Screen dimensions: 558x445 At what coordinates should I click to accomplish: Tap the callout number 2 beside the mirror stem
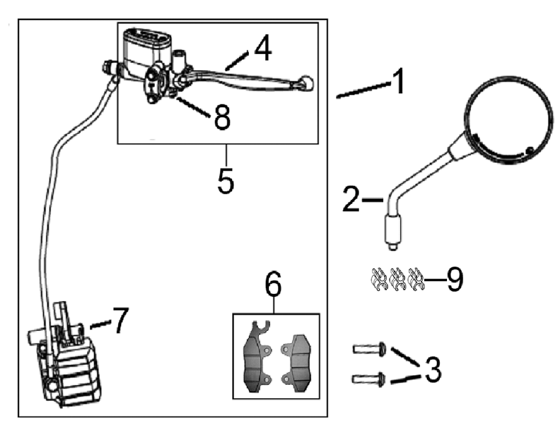tap(351, 200)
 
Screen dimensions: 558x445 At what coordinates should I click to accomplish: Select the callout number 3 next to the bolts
tap(432, 370)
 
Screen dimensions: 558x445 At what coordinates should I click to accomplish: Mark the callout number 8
tap(223, 117)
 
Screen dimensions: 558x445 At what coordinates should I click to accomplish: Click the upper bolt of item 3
tap(370, 349)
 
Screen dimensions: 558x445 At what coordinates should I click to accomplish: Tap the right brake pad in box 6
tap(296, 363)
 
